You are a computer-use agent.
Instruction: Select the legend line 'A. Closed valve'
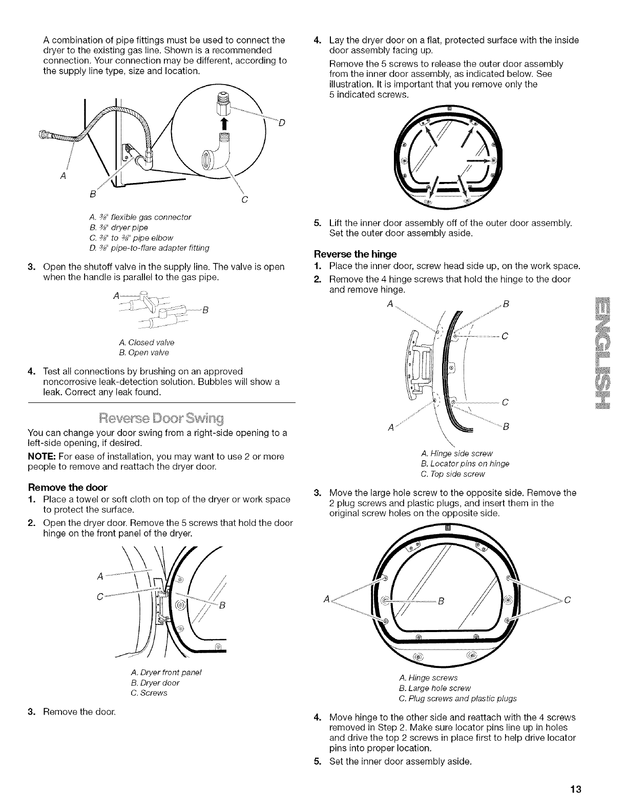(148, 342)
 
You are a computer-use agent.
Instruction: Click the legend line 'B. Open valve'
(145, 353)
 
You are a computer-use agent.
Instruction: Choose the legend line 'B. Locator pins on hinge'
(464, 464)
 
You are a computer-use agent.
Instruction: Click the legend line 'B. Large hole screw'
(434, 688)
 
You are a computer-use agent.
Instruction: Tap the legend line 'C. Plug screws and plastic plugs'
(457, 698)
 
